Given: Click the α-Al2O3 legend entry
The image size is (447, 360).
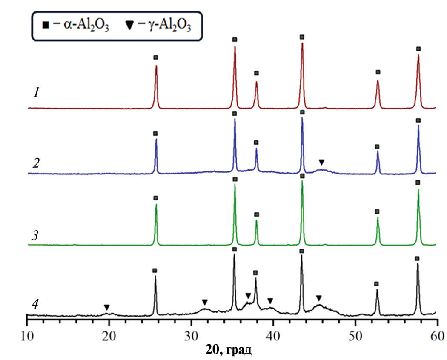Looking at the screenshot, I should [x=74, y=27].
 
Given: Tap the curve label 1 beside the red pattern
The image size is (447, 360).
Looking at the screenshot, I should [x=37, y=92].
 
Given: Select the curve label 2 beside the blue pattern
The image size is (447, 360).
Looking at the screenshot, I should [x=37, y=163].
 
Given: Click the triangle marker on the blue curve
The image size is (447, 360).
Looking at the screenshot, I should [x=322, y=162].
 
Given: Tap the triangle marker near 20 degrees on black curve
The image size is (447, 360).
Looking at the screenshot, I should [x=107, y=307].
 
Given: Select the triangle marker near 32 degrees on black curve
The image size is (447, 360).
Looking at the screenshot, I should [x=205, y=302].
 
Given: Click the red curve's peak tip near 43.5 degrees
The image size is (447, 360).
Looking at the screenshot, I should [x=302, y=43].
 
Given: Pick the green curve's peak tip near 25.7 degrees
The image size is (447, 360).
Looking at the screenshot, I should [x=156, y=205].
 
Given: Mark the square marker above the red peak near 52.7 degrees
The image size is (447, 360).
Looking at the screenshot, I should [x=378, y=72].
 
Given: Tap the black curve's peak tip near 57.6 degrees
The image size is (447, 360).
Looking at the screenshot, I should [x=418, y=264].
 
